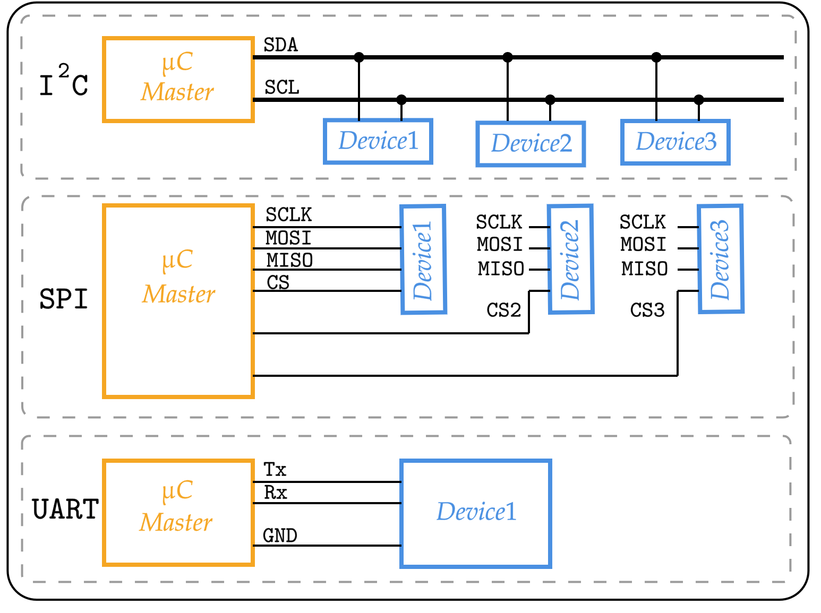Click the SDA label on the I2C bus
coord(280,45)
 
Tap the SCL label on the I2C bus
coord(282,88)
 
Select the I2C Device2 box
coord(531,144)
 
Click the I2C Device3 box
coord(675,142)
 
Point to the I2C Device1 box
coord(378,141)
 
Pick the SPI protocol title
coord(63,299)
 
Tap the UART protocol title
coord(65,510)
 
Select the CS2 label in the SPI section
coord(503,310)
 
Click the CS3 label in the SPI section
coord(647,310)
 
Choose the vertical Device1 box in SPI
coord(423,260)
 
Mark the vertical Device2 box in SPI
coord(570,260)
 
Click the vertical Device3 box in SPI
coord(720,260)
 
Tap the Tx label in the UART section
coord(275,470)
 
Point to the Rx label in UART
coord(275,493)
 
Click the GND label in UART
coord(280,536)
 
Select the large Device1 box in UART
coord(476,513)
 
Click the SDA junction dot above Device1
coord(359,57)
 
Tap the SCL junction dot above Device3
coord(699,99)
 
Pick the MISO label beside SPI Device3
coord(644,269)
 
